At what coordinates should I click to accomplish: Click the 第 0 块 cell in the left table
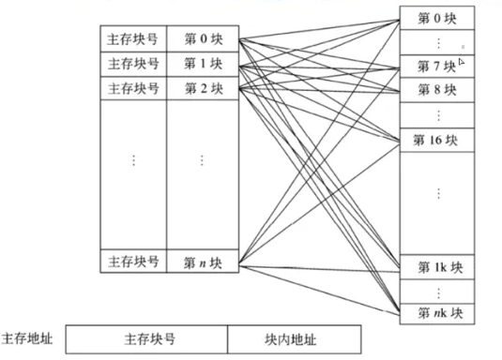click(202, 40)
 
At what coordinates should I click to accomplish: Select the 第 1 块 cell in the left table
click(202, 65)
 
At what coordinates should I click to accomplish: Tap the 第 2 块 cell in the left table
click(202, 90)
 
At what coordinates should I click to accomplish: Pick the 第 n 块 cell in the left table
click(202, 262)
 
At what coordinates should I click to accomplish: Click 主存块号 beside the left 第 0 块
click(133, 40)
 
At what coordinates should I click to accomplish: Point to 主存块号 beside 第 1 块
click(133, 65)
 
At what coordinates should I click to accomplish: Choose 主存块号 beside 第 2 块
click(133, 90)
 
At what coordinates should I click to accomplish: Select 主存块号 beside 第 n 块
click(133, 262)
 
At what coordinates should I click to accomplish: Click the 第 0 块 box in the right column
click(437, 19)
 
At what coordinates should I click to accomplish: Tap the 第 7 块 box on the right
click(437, 67)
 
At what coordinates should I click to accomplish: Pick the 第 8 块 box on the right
click(437, 91)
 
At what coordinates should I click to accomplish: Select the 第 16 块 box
click(437, 141)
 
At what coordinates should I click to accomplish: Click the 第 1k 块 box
click(437, 266)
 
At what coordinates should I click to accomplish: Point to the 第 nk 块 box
click(437, 312)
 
